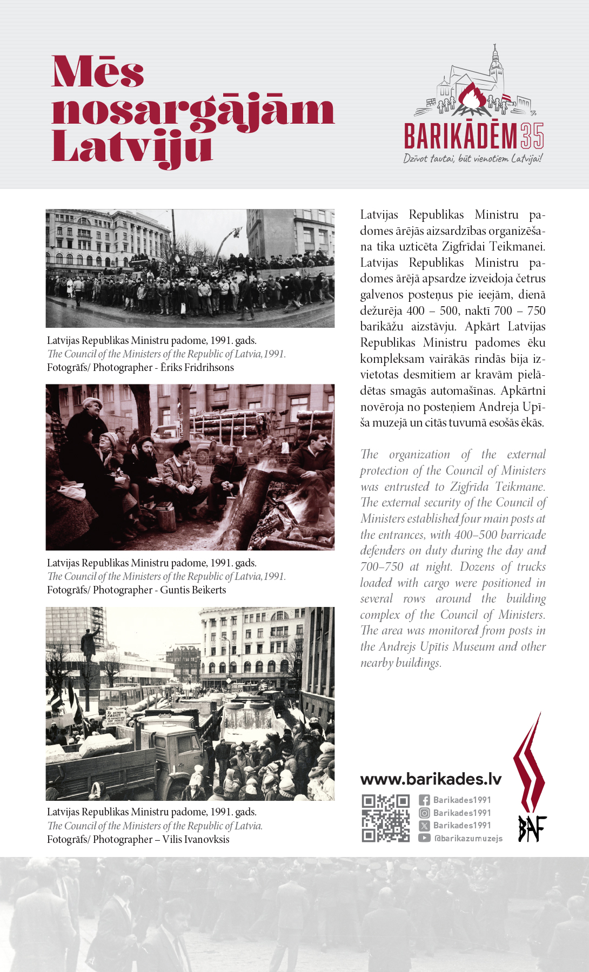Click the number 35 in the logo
[x=532, y=136]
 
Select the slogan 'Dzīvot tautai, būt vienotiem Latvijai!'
[x=473, y=158]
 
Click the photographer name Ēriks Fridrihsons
[x=197, y=368]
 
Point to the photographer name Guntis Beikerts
[x=193, y=590]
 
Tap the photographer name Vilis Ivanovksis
[x=196, y=840]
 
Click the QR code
[x=385, y=818]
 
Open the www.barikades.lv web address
[x=431, y=779]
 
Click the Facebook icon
[x=425, y=800]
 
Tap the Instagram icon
[x=425, y=813]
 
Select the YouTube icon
[x=425, y=838]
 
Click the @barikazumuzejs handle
[x=468, y=839]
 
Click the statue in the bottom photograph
[x=88, y=645]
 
